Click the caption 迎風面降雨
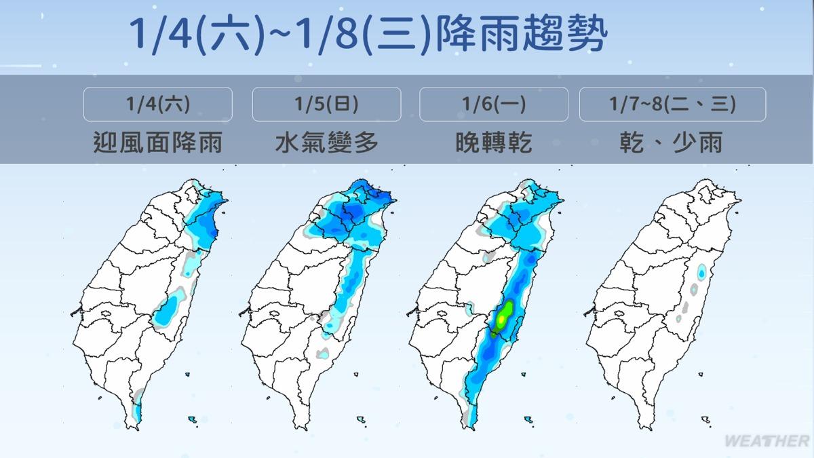coord(157,142)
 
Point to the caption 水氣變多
coord(326,142)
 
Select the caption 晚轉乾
coord(493,142)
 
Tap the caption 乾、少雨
coord(672,142)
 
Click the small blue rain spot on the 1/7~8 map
coord(701,271)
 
